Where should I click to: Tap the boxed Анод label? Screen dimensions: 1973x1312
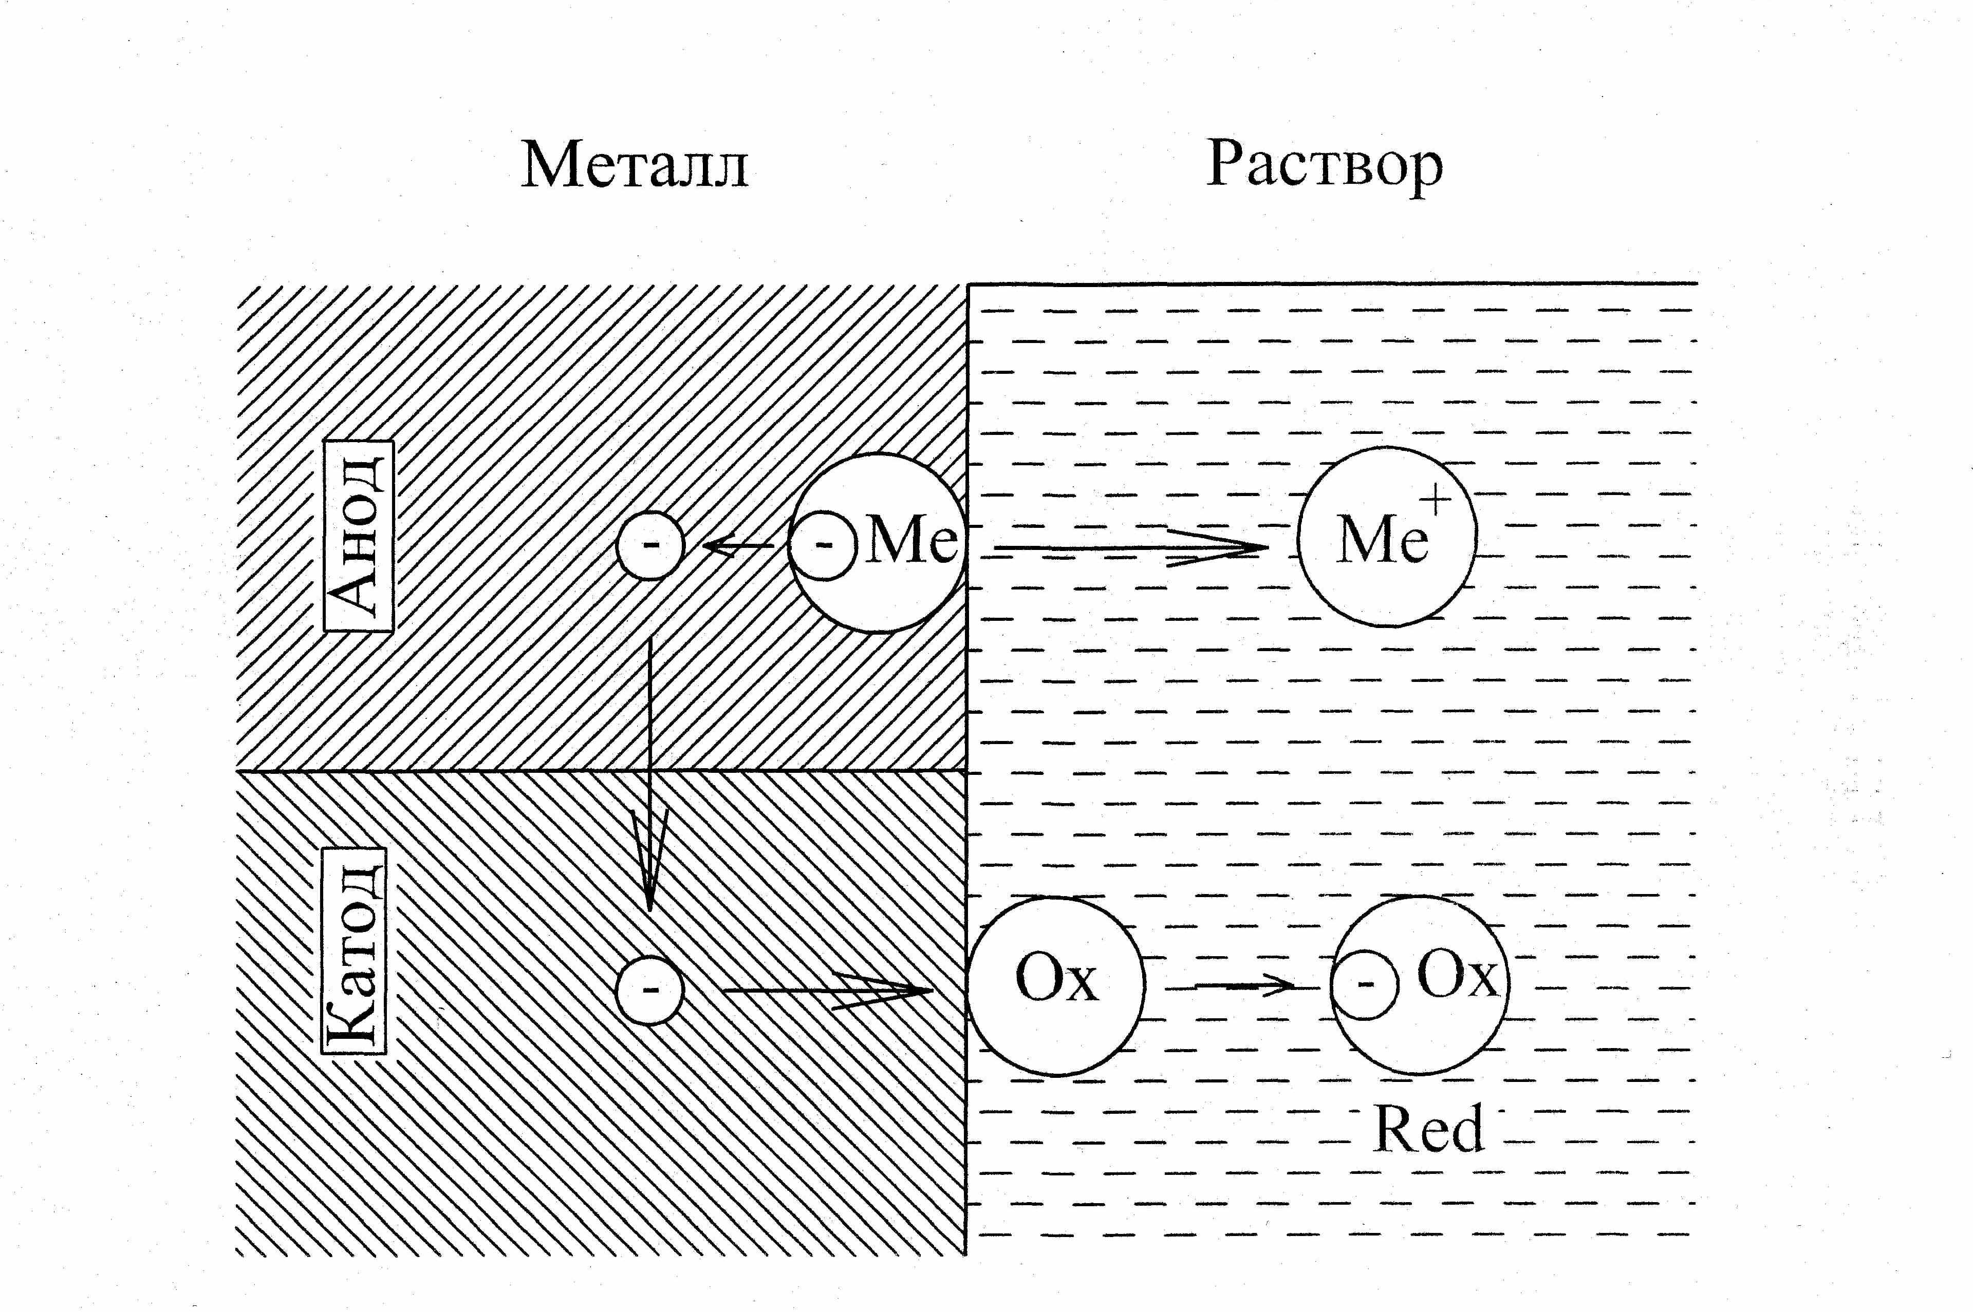(x=358, y=536)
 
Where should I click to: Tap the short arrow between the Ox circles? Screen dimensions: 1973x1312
(x=1245, y=985)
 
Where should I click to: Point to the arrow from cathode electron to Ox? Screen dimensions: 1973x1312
(x=828, y=991)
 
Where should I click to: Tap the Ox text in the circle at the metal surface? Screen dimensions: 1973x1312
(x=1055, y=979)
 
